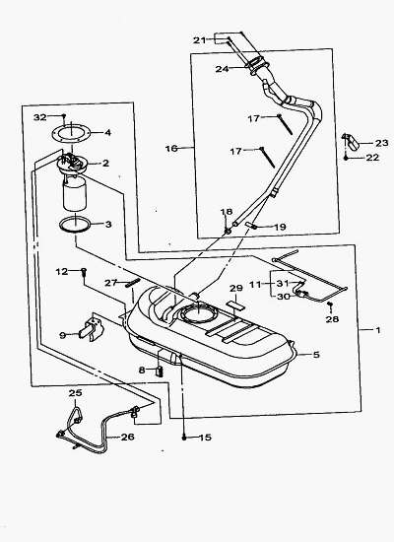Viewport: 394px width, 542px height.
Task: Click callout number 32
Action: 39,117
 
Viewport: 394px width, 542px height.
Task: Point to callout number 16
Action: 171,149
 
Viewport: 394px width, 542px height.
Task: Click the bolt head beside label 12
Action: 84,272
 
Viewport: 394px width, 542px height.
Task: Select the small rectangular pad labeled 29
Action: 235,305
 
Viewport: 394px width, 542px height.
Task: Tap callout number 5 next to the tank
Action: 316,355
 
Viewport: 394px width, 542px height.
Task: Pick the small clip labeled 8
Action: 160,372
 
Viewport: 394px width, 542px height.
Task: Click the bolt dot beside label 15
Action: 184,438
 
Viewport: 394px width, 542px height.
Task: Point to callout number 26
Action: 127,437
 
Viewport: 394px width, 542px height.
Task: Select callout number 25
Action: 75,393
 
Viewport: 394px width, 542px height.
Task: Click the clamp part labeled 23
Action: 351,141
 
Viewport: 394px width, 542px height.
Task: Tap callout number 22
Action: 372,158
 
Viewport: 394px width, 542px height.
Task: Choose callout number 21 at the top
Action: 199,40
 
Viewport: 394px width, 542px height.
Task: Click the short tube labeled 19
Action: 251,226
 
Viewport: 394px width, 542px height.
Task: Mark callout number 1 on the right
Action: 378,330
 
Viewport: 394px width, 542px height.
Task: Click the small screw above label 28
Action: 330,305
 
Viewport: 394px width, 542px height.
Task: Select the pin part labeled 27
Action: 133,283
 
